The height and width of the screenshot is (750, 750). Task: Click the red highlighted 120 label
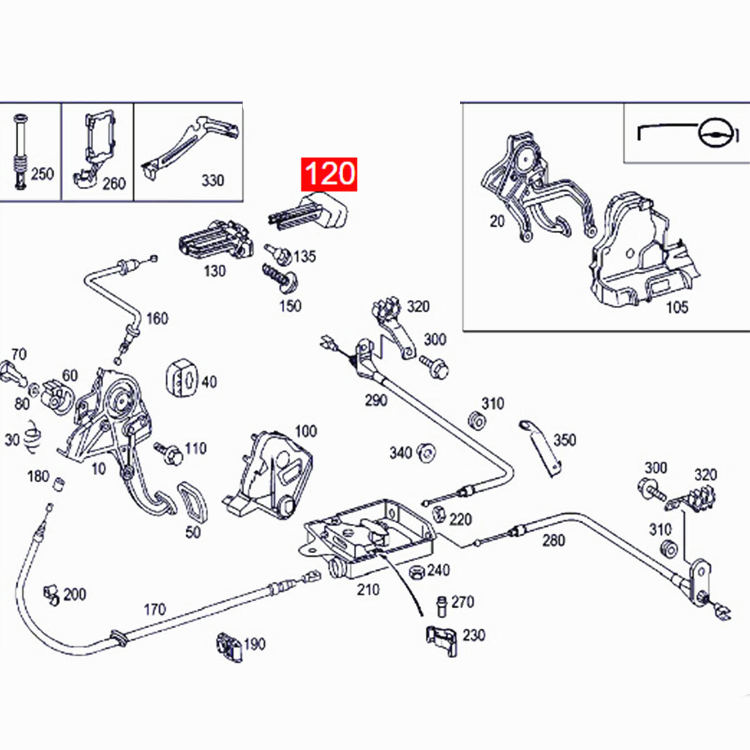click(329, 174)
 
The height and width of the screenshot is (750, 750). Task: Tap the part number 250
click(42, 174)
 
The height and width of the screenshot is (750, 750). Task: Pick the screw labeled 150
click(279, 279)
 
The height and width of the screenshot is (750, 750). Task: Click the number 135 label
click(304, 256)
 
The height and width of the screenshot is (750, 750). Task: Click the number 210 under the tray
click(368, 589)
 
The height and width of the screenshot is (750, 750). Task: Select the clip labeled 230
click(441, 641)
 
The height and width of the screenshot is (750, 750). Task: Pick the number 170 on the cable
click(154, 609)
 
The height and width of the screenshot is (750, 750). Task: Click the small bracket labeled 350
click(541, 446)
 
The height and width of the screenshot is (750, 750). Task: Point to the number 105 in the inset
click(676, 307)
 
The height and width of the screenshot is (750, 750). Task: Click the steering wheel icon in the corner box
click(714, 132)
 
